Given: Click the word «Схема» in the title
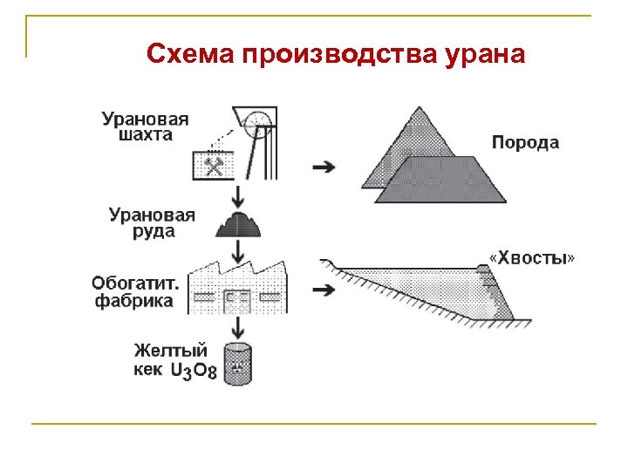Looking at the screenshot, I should coord(191,55).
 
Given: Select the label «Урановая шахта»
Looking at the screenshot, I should coord(146,126).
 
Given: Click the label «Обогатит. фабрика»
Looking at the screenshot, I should coord(136,292).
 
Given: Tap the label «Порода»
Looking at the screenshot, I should coord(525,142).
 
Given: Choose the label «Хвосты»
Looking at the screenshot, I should coord(532,258).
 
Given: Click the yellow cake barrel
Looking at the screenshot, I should coord(237,364).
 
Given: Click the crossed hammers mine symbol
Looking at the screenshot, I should coord(215,163).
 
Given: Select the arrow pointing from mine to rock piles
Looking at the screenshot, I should coord(324,166).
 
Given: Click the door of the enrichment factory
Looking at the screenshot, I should coord(236,300).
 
